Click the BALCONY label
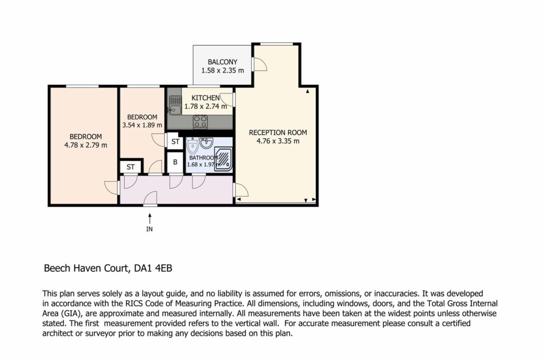(222, 62)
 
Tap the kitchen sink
(175, 105)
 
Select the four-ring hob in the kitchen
(200, 122)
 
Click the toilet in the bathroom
(192, 146)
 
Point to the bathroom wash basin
(206, 143)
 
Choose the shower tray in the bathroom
(223, 159)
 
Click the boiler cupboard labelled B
(175, 162)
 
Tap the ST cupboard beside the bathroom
(175, 141)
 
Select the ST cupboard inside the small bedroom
(131, 167)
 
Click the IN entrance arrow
(150, 219)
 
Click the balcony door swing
(259, 63)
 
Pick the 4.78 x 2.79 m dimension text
(86, 145)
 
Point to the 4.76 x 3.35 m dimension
(278, 141)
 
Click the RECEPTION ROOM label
(278, 133)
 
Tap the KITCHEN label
(205, 98)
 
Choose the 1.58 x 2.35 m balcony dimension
(222, 70)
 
